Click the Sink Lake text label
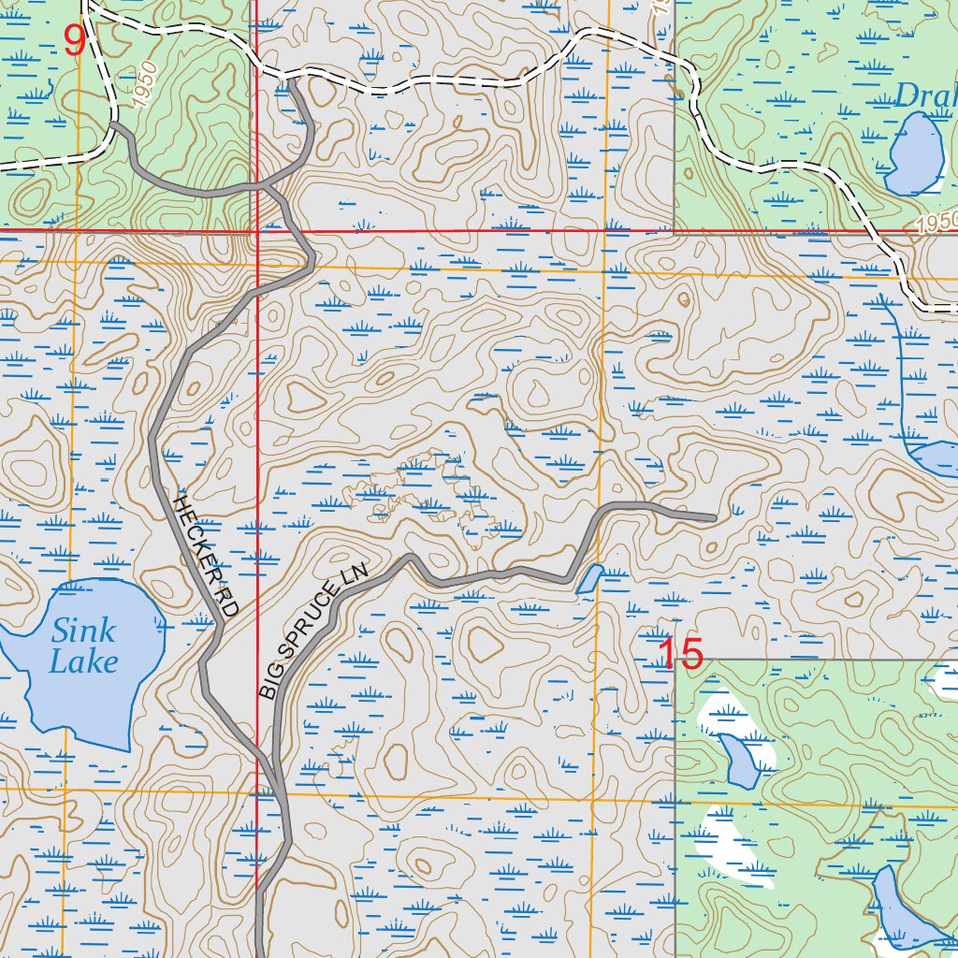click(x=84, y=646)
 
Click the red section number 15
click(x=680, y=654)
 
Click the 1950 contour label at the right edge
click(x=936, y=223)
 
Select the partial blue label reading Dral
click(x=926, y=95)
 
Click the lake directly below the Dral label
click(x=916, y=154)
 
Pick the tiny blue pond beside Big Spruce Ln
click(x=588, y=578)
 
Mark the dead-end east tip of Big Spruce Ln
click(x=714, y=517)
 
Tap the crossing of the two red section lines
click(x=256, y=229)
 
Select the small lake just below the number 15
click(x=739, y=760)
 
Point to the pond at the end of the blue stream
click(x=936, y=458)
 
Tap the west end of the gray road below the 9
click(x=113, y=123)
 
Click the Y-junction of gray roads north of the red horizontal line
click(x=266, y=186)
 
